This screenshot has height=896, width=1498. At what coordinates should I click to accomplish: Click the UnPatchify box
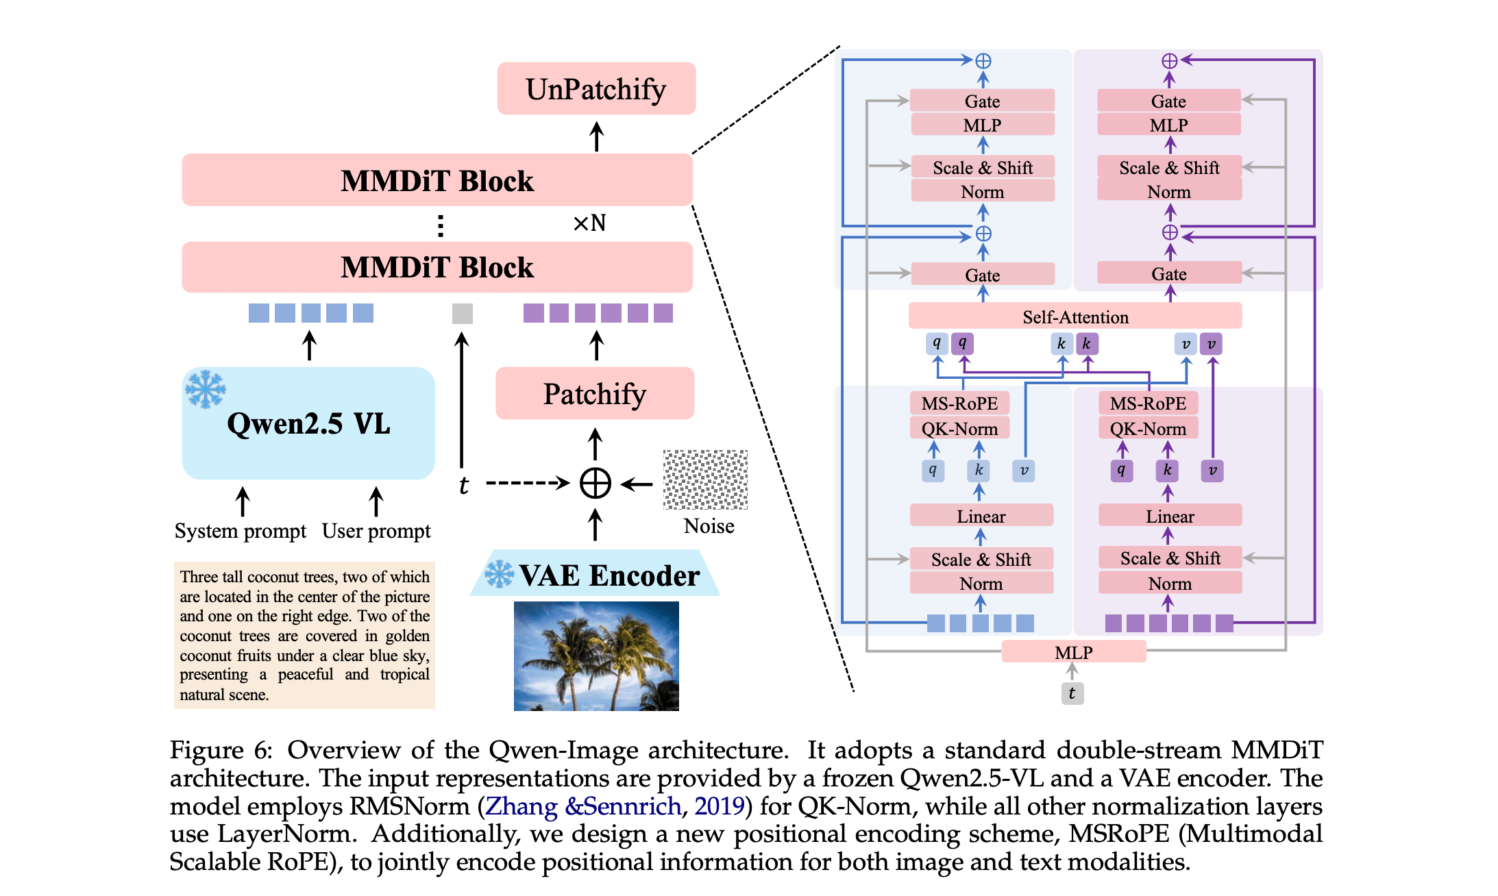(x=596, y=88)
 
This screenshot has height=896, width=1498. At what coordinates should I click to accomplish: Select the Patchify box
(x=595, y=393)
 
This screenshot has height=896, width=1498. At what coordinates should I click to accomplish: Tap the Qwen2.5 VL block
(x=308, y=423)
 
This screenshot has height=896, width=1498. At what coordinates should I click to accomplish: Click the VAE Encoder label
(x=609, y=575)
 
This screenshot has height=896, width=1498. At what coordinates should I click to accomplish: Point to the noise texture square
(x=705, y=480)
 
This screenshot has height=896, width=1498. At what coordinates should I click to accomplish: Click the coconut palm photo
(x=596, y=656)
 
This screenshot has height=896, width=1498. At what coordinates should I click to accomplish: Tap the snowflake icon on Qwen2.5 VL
(x=205, y=389)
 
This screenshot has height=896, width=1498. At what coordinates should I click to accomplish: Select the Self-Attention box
(x=1075, y=316)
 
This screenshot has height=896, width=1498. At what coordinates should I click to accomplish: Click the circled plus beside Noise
(x=595, y=484)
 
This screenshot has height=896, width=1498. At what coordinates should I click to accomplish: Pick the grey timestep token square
(x=463, y=314)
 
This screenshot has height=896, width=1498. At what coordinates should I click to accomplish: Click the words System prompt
(x=240, y=531)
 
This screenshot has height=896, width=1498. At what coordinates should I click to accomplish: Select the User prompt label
(x=376, y=531)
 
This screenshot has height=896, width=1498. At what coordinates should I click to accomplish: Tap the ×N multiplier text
(x=589, y=223)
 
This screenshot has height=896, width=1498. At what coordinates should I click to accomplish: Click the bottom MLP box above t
(x=1073, y=652)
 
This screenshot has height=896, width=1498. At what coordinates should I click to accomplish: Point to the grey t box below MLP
(x=1072, y=693)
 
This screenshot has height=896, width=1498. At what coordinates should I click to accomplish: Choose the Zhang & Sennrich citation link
(x=582, y=806)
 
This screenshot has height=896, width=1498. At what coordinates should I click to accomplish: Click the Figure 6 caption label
(x=221, y=750)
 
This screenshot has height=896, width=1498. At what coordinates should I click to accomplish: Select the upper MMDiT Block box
(x=437, y=180)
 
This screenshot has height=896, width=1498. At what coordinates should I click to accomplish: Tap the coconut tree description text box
(x=304, y=635)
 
